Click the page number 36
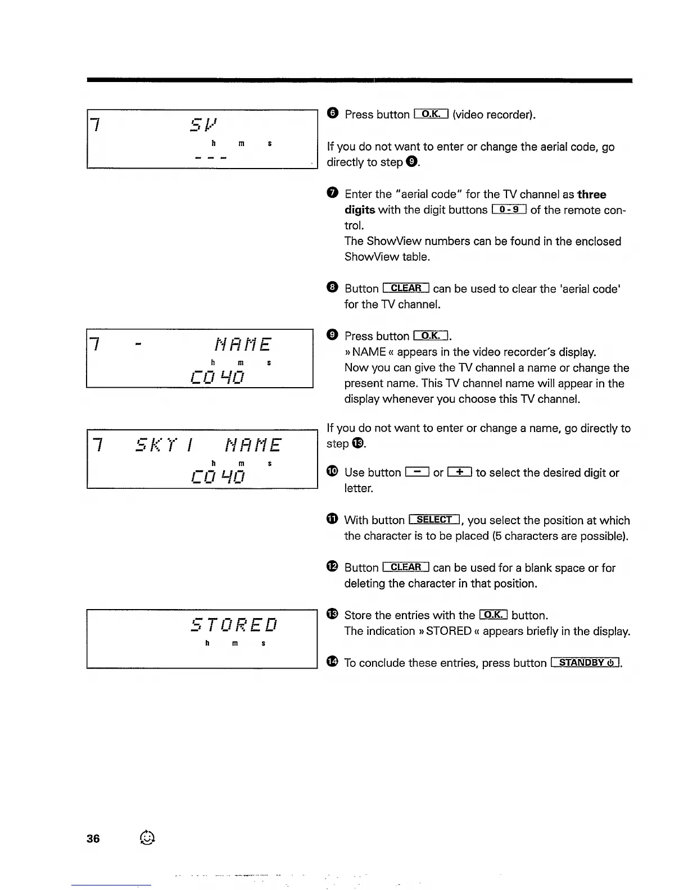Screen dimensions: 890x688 (x=93, y=838)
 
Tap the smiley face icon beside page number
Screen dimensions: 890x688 (x=147, y=838)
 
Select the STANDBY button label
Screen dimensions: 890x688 (x=586, y=662)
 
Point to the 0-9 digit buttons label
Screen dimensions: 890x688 (x=509, y=210)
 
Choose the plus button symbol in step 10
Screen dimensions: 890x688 (x=460, y=473)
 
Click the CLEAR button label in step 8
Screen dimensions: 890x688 (x=406, y=288)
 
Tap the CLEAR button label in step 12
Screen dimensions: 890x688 (x=406, y=567)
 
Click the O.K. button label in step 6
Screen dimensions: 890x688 (x=431, y=114)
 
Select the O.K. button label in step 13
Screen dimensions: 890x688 (x=493, y=615)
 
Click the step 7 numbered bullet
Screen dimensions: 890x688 (x=332, y=194)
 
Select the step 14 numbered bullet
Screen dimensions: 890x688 (x=332, y=662)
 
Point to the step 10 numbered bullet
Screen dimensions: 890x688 (x=332, y=472)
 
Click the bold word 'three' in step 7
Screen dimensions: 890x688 (x=592, y=194)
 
